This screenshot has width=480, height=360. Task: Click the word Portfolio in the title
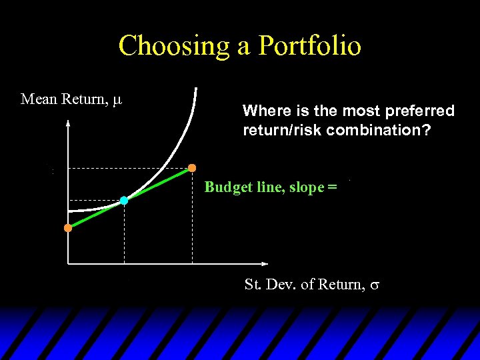click(x=309, y=46)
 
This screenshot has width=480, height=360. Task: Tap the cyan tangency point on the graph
click(x=124, y=200)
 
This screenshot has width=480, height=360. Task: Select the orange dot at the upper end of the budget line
click(x=192, y=167)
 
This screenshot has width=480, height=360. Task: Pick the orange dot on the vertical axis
click(x=68, y=228)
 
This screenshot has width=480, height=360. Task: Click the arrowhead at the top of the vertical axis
click(x=68, y=123)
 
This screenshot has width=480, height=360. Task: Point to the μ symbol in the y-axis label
click(x=117, y=100)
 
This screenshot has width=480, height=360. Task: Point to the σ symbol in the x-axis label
click(x=375, y=285)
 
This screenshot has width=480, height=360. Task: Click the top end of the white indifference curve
click(x=196, y=89)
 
